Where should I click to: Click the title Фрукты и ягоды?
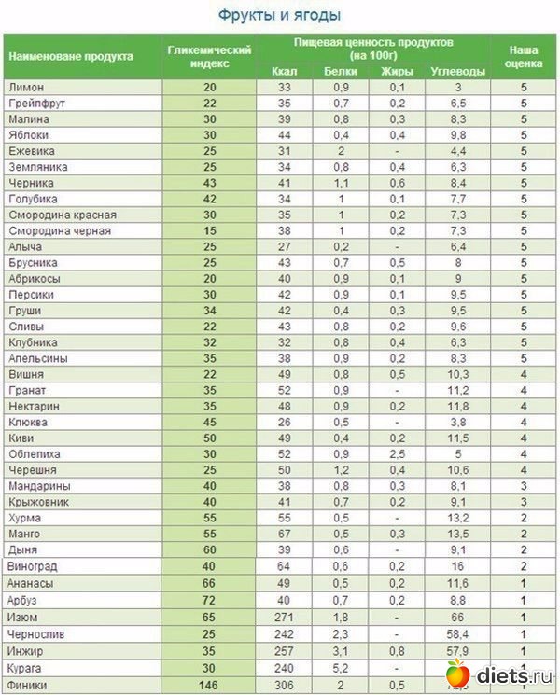point(279,15)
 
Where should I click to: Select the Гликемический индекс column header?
point(209,56)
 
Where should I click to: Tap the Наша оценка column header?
point(523,56)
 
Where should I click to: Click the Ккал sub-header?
point(284,71)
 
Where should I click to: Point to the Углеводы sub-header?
point(457,71)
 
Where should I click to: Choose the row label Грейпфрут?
point(36,103)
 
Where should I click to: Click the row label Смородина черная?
point(60,230)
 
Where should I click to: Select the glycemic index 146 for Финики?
point(209,686)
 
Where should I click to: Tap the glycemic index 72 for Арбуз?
point(209,599)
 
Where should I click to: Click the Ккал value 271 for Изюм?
point(284,616)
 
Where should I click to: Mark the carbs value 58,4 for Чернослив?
point(457,632)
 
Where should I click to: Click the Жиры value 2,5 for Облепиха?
point(399,453)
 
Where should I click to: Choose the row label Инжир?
point(25,651)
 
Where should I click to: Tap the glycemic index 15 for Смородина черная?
point(209,230)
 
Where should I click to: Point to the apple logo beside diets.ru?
point(456,674)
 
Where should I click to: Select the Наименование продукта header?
point(71,56)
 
